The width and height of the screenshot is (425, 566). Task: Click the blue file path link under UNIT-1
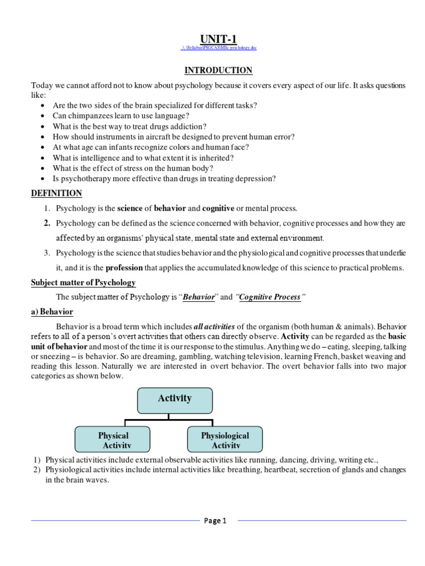point(218,48)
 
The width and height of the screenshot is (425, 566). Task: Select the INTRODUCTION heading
point(218,70)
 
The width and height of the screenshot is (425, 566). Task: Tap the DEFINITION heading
point(56,193)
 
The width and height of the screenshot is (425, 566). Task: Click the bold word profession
point(120,268)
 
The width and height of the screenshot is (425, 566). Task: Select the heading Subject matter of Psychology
point(83,282)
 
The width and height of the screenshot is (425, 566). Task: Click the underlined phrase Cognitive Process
point(269,297)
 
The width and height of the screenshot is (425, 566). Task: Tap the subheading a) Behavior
point(53,312)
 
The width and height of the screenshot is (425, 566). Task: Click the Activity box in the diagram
point(175,399)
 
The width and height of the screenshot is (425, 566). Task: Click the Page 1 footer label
point(215,520)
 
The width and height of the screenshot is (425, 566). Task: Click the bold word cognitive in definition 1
point(219,208)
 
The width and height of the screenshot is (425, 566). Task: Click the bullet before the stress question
point(44,169)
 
